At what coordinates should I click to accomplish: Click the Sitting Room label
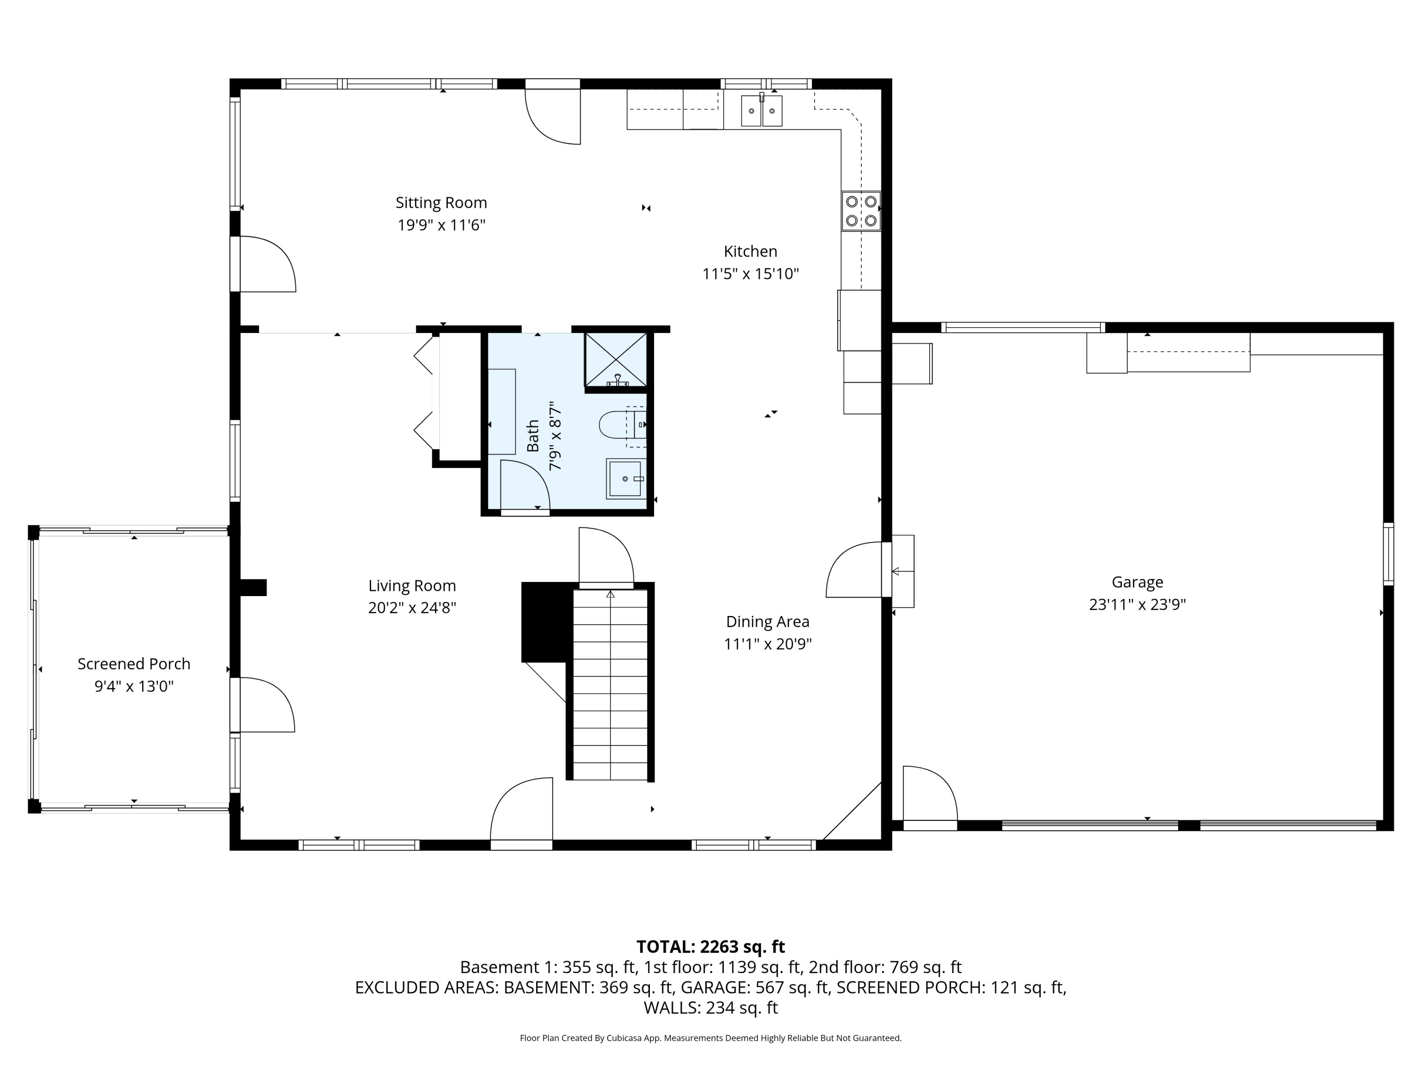(441, 202)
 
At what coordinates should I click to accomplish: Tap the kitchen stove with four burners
(861, 211)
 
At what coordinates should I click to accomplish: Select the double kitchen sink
(762, 110)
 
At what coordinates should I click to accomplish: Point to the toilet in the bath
(622, 424)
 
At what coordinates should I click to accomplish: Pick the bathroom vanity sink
(625, 479)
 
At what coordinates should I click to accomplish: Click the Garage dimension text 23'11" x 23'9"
(1137, 605)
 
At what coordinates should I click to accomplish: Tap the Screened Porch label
(134, 664)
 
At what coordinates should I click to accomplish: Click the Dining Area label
(767, 622)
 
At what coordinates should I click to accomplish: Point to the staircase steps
(610, 685)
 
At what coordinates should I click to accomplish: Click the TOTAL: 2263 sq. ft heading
(711, 947)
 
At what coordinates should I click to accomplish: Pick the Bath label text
(533, 436)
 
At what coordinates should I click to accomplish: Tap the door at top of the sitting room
(553, 111)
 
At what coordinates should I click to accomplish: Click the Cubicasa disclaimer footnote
(711, 1038)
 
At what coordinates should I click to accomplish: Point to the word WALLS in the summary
(672, 1008)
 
